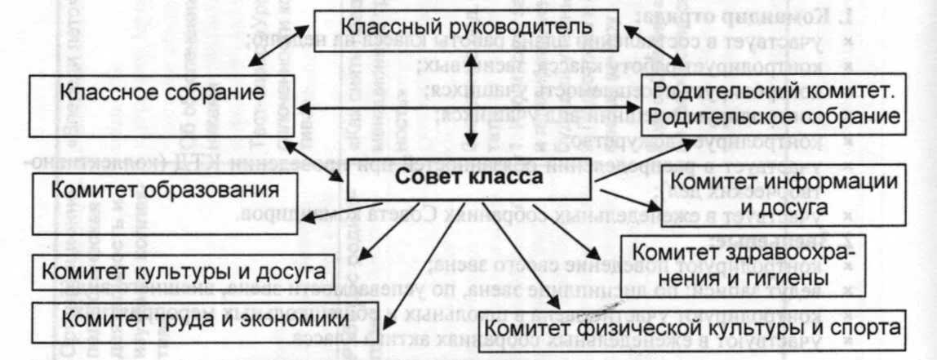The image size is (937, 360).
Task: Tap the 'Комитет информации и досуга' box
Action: [783, 193]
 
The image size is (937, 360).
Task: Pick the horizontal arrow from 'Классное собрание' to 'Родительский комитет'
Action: [469, 107]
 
